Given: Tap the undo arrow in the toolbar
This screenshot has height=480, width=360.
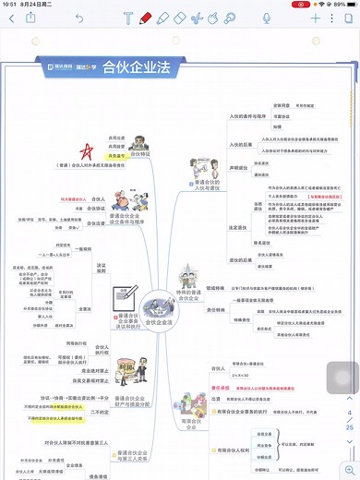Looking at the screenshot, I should pos(78,18).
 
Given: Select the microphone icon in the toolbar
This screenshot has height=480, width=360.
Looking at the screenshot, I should pos(267,18).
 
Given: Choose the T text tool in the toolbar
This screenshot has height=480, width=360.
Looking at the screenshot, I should pos(128,18).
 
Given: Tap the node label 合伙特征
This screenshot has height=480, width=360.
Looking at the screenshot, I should pos(140,154).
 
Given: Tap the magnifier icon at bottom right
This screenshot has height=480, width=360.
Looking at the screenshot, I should pos(349,470).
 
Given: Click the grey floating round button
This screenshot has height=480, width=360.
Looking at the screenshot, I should pos(342,377).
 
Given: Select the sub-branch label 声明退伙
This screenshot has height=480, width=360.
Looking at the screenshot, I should pos(237,168).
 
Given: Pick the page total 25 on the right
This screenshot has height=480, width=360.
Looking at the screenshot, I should pos(349,428).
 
